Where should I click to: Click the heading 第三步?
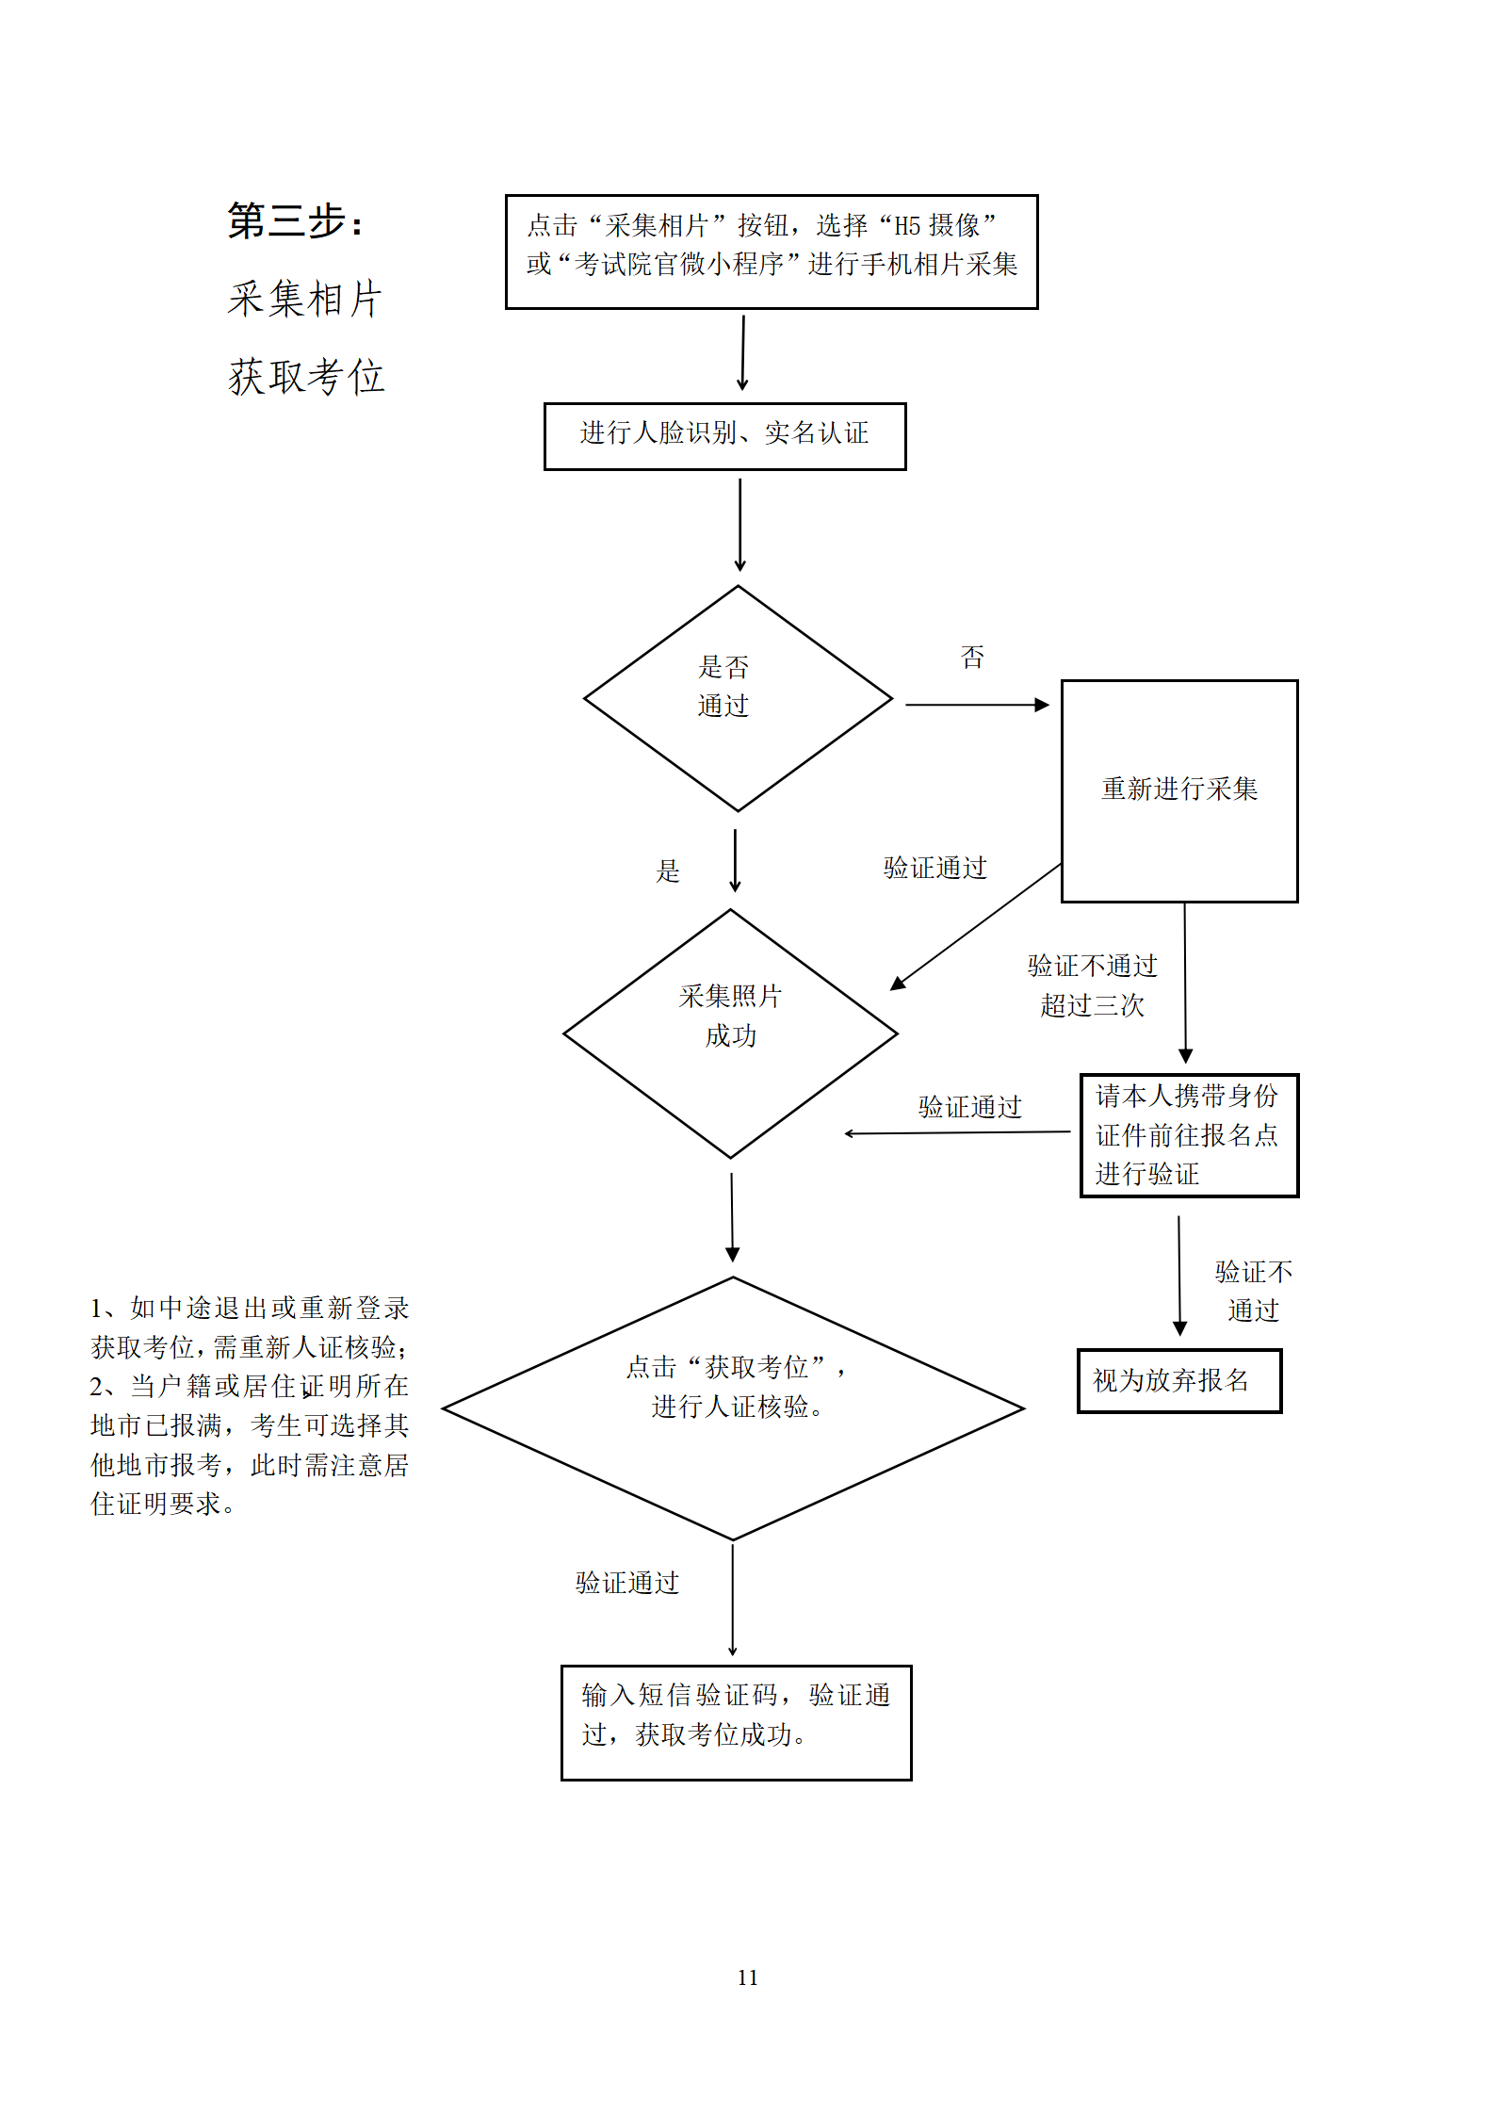[295, 221]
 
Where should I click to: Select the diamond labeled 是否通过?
[737, 698]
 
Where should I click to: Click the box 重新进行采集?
[1178, 790]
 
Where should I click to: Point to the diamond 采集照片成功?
[730, 1033]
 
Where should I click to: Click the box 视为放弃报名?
[1178, 1380]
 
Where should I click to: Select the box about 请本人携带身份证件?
[1188, 1134]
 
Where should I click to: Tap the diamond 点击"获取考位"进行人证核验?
[733, 1407]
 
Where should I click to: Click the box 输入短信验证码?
[736, 1722]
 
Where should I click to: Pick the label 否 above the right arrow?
[972, 657]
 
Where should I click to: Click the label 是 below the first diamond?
[667, 870]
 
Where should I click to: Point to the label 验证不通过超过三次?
[1092, 985]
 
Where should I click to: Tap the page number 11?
[747, 1977]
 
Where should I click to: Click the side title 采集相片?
[305, 300]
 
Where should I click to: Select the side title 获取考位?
[306, 377]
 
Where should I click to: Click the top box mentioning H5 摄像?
[771, 252]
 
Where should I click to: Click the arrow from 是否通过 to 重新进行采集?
[976, 704]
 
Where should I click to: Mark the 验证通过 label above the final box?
[626, 1583]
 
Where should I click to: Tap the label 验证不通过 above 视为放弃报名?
[1253, 1291]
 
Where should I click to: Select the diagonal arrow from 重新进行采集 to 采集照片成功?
[976, 926]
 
